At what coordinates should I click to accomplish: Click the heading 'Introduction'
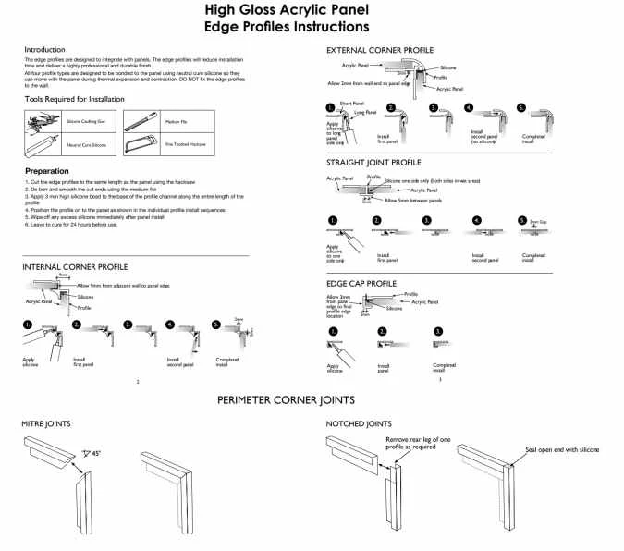44,49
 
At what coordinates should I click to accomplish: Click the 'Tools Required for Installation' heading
74,98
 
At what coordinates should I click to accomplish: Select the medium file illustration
138,121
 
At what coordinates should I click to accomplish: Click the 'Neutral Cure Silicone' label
86,145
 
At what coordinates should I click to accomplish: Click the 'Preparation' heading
46,171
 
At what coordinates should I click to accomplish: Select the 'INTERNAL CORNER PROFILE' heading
74,267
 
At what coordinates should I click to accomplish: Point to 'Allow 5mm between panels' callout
412,200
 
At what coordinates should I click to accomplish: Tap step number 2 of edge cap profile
382,331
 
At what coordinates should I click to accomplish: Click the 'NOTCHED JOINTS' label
360,423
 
